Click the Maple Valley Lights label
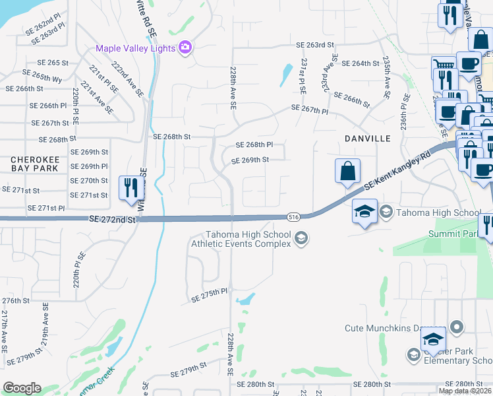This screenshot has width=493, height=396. [135, 48]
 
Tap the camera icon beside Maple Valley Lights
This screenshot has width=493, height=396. [185, 48]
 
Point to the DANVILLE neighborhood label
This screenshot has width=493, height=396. [368, 139]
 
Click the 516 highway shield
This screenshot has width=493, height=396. [294, 216]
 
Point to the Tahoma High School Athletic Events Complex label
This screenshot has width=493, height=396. [248, 239]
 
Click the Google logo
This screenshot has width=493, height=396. [22, 388]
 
